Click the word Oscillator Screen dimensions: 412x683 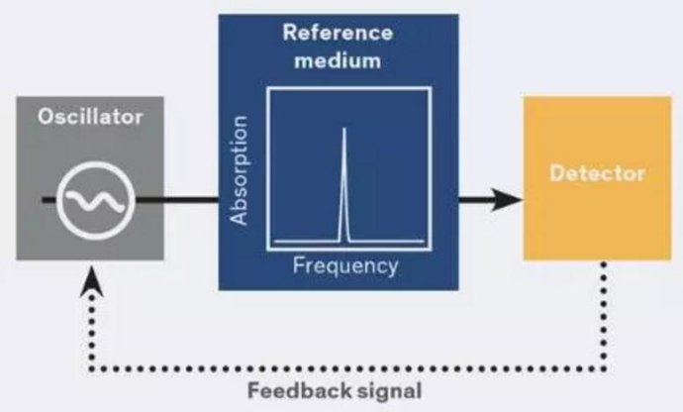[x=90, y=117]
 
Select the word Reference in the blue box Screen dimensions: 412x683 [x=338, y=32]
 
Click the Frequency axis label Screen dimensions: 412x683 [x=345, y=265]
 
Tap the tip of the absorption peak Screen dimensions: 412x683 [x=344, y=130]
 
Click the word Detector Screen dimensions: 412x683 [x=597, y=174]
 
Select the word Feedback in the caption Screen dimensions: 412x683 [x=294, y=389]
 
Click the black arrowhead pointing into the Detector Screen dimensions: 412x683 [x=508, y=200]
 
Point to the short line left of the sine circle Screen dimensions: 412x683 [x=49, y=200]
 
